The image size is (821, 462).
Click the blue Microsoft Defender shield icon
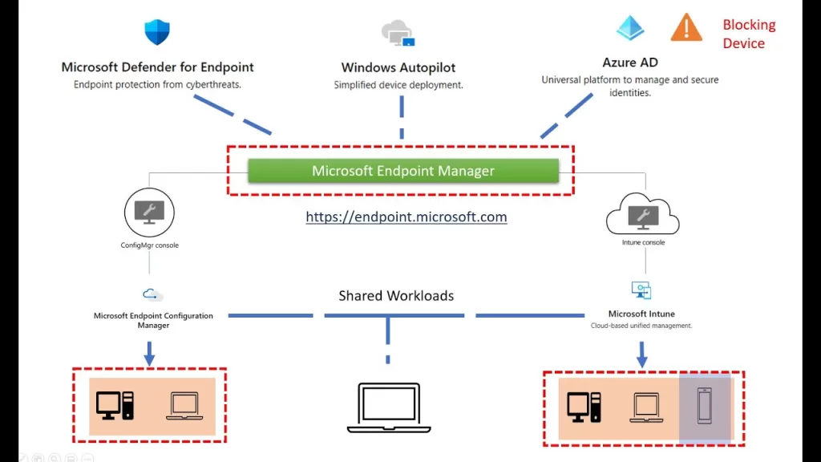(157, 32)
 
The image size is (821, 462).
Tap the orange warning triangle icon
(686, 28)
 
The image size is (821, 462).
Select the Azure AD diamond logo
(630, 28)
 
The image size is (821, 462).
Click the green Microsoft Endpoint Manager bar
(402, 171)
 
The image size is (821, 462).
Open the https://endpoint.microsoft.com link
(406, 217)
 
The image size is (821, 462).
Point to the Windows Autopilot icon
(398, 34)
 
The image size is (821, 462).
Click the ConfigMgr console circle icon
(149, 213)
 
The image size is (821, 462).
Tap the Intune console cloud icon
(642, 214)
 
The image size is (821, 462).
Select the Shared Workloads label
(396, 296)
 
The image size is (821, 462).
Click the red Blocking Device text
(748, 34)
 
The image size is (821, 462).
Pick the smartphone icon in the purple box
(705, 407)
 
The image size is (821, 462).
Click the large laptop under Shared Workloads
(389, 407)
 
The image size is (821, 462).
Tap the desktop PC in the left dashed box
(115, 405)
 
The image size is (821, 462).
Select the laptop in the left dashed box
(184, 406)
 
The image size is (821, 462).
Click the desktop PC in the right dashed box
(584, 407)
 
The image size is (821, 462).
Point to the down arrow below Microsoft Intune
(642, 354)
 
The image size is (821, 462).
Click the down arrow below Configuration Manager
(149, 352)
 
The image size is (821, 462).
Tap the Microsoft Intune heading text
(641, 314)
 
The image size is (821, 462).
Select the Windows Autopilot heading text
(398, 68)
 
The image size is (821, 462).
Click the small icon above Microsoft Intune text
(641, 290)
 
